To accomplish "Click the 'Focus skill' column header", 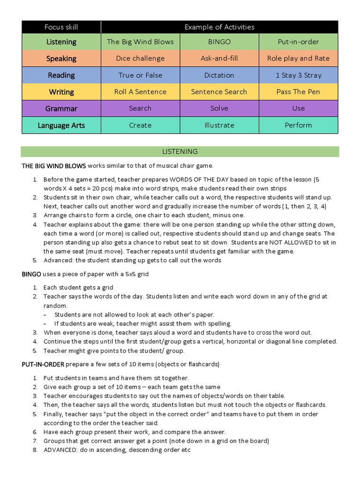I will pos(61,27).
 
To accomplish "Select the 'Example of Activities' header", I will pos(219,27).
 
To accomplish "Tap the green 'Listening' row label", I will pos(61,42).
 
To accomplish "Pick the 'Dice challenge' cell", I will pos(140,59).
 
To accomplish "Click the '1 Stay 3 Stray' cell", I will pos(298,75).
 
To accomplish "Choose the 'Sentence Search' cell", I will pos(219,92).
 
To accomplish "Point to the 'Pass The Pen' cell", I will pos(298,92).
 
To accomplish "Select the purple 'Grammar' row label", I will pos(61,108).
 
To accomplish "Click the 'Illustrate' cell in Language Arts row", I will pos(219,125).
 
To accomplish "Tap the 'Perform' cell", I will pos(298,125).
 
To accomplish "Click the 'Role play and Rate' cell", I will pos(298,59).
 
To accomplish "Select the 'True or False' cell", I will pos(140,75).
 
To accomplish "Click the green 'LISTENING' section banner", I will pos(180,151).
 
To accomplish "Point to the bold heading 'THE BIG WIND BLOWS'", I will pos(53,165).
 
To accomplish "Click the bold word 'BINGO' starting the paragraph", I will pos(31,274).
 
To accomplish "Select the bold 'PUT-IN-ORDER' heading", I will pos(43,364).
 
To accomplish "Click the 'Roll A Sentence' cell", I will pos(140,92).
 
